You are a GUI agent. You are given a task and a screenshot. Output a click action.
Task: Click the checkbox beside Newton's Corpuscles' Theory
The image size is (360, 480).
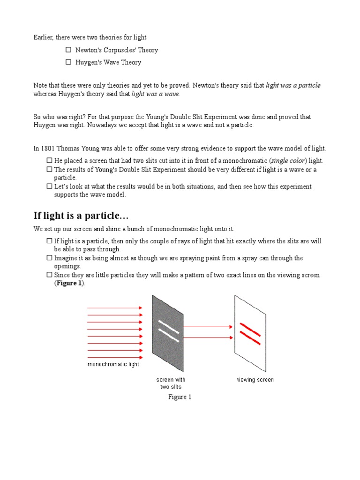click(68, 50)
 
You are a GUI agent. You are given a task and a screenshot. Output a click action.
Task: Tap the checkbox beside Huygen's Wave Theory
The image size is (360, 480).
click(68, 62)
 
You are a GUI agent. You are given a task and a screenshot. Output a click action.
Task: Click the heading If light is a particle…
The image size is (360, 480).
click(81, 216)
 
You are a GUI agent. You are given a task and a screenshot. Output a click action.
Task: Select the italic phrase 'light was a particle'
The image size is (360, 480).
click(293, 85)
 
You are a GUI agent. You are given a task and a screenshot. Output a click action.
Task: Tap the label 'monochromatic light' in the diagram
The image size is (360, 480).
click(113, 364)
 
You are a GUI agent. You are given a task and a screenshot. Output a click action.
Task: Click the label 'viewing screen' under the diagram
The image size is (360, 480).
click(255, 380)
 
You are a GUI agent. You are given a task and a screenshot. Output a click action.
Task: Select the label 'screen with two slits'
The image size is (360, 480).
click(171, 383)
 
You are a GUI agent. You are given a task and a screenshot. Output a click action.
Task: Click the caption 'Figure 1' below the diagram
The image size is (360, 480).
click(180, 397)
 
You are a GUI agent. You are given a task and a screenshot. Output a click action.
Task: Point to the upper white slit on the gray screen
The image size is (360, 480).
click(168, 325)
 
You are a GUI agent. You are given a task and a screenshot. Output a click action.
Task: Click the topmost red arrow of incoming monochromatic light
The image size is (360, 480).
click(115, 308)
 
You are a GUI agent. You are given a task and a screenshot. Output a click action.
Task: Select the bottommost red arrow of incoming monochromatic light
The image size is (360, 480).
click(115, 357)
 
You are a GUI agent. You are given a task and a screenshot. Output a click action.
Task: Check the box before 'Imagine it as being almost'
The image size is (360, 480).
click(49, 258)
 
